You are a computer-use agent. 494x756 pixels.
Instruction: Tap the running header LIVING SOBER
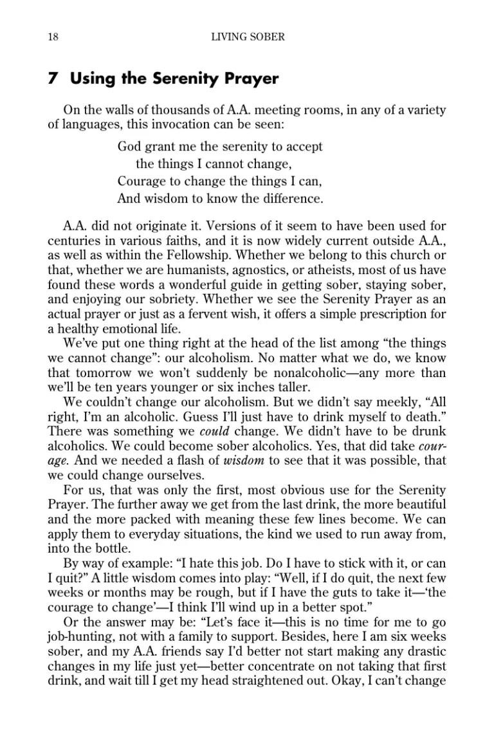248,37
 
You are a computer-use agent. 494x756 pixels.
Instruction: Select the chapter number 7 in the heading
53,79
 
